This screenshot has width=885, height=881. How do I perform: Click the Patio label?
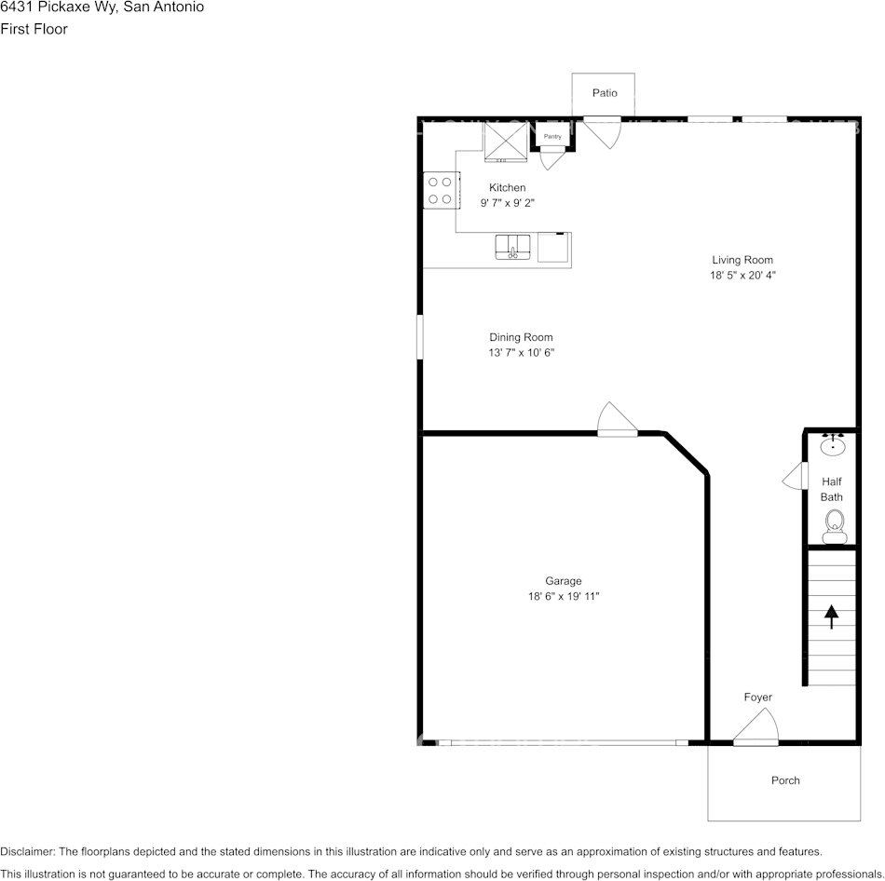pos(605,93)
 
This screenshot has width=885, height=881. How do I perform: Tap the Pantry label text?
pos(552,137)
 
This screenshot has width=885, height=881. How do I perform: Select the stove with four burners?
pos(440,190)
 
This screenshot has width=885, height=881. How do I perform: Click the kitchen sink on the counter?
pos(512,248)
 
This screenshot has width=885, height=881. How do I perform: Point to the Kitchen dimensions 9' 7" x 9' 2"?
pos(507,202)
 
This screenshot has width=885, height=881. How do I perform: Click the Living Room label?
pos(742,260)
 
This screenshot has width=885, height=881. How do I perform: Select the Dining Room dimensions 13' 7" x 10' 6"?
pos(521,353)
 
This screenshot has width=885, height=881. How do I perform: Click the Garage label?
pos(564,581)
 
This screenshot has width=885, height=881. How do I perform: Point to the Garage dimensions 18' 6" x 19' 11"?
pos(564,597)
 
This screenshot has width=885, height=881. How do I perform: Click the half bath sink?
pos(833,446)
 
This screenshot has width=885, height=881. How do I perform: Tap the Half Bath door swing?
pos(794,477)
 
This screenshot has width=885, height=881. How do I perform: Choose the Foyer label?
pos(757,698)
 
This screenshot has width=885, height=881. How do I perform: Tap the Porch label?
pos(785,780)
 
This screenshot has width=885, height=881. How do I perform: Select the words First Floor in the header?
pos(34,29)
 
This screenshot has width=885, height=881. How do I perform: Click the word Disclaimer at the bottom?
pos(27,851)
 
